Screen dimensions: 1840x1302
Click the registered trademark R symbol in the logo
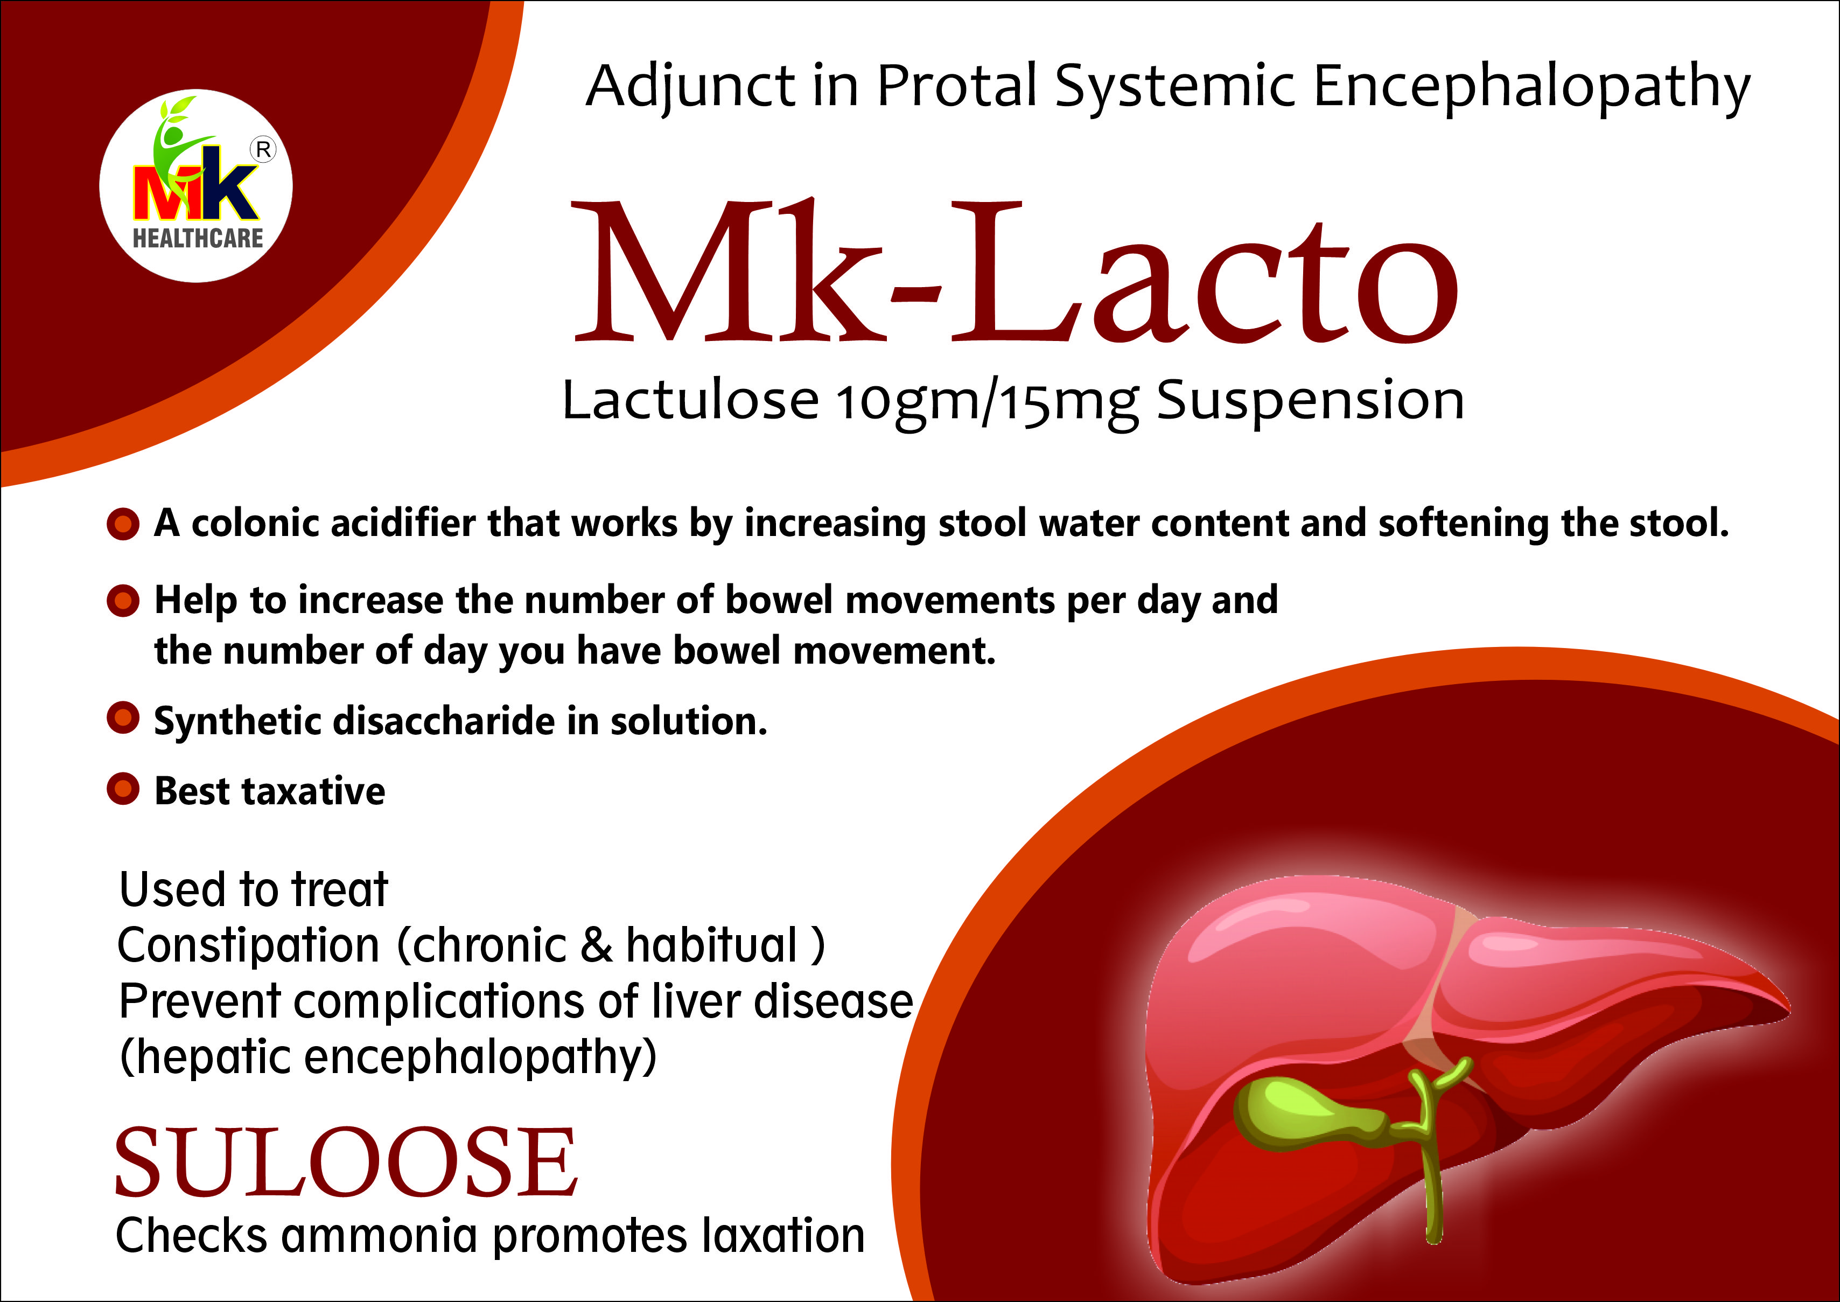pyautogui.click(x=263, y=149)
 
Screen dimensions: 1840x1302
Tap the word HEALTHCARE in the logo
pyautogui.click(x=198, y=238)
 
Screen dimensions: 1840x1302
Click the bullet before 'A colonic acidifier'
pyautogui.click(x=123, y=524)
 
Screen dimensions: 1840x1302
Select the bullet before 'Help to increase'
pyautogui.click(x=123, y=601)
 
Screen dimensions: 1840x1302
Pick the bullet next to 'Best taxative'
pyautogui.click(x=123, y=789)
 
